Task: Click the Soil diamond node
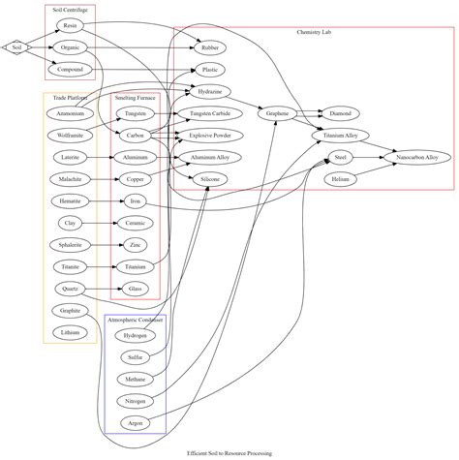pos(15,46)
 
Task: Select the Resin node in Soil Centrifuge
pos(70,25)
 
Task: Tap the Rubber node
pos(209,47)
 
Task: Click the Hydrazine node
pos(210,92)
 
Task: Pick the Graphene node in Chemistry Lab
pos(278,113)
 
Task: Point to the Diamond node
pos(340,113)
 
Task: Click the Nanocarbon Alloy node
pos(417,157)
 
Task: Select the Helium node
pos(340,179)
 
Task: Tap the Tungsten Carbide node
pos(209,113)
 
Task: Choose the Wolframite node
pos(70,136)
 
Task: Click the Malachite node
pos(70,179)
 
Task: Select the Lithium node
pos(70,332)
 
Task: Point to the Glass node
pos(136,289)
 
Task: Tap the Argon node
pos(136,423)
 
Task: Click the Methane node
pos(136,380)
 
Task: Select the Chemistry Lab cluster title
pos(314,33)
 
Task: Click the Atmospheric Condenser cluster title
pos(136,319)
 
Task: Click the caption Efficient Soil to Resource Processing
pos(229,452)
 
